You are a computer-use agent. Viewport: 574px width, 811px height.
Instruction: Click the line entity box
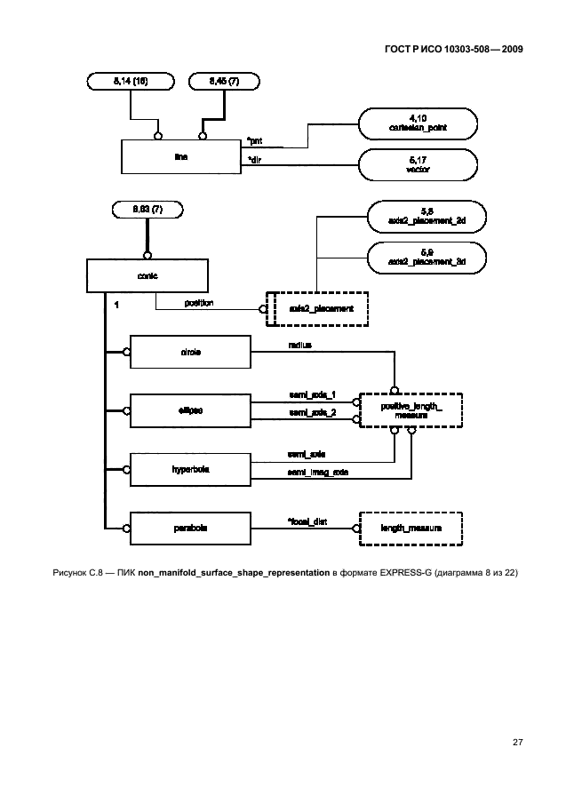181,155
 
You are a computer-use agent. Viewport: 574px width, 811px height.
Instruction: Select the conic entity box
147,274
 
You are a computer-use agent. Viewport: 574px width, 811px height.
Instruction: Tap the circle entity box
191,352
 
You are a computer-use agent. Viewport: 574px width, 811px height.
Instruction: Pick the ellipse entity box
191,410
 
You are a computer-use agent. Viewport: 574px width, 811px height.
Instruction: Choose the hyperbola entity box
191,468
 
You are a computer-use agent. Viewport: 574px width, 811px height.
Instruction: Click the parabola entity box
191,528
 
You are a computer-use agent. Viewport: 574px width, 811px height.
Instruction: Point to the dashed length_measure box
411,528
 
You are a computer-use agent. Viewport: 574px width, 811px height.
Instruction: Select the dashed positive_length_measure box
411,410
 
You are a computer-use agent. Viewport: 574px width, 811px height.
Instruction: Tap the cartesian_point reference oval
417,123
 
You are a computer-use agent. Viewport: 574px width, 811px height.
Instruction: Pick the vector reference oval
417,164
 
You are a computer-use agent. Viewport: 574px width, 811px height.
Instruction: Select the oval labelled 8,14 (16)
132,82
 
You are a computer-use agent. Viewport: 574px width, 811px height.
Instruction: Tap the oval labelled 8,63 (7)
147,211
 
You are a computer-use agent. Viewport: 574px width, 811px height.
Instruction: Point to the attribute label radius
299,344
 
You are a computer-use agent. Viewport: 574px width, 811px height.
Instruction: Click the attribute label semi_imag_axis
317,472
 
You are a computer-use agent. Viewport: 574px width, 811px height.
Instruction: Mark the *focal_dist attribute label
307,521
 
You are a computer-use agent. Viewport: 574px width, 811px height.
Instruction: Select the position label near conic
198,302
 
